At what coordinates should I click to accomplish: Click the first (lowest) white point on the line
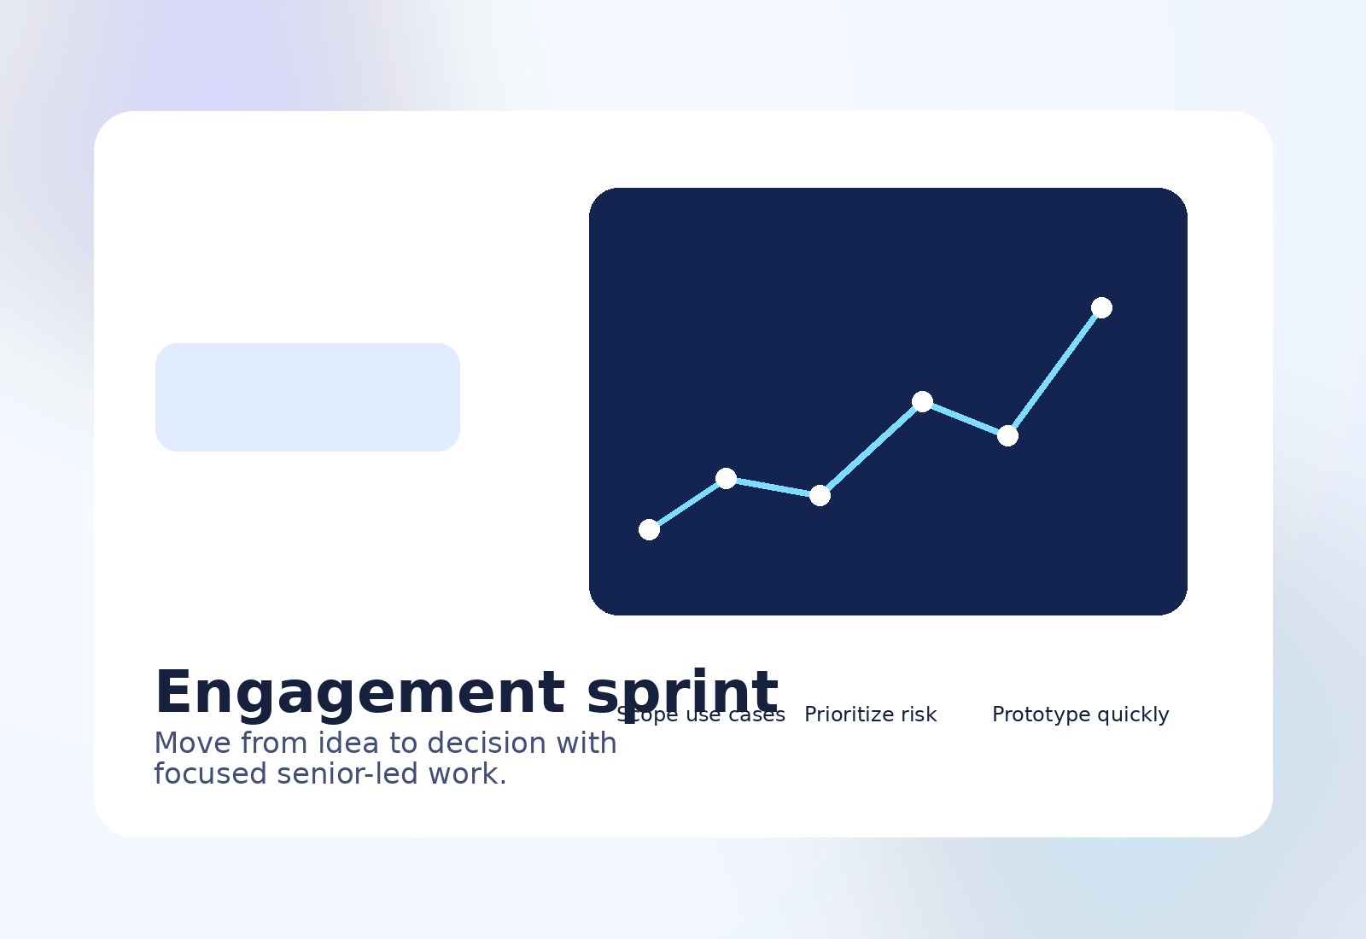[x=649, y=529]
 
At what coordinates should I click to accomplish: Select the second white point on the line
[x=726, y=478]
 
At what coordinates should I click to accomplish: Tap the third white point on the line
[x=820, y=495]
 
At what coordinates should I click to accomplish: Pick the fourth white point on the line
[x=922, y=401]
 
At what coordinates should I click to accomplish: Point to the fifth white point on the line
[x=1007, y=435]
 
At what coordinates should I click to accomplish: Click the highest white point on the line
[x=1101, y=307]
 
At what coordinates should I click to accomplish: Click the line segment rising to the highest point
[x=1054, y=371]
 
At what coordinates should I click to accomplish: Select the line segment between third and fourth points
[x=871, y=448]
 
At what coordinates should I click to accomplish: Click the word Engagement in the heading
[x=359, y=692]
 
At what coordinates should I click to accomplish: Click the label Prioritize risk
[x=870, y=714]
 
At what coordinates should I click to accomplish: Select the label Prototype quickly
[x=1080, y=714]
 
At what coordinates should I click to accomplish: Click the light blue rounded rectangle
[x=307, y=397]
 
